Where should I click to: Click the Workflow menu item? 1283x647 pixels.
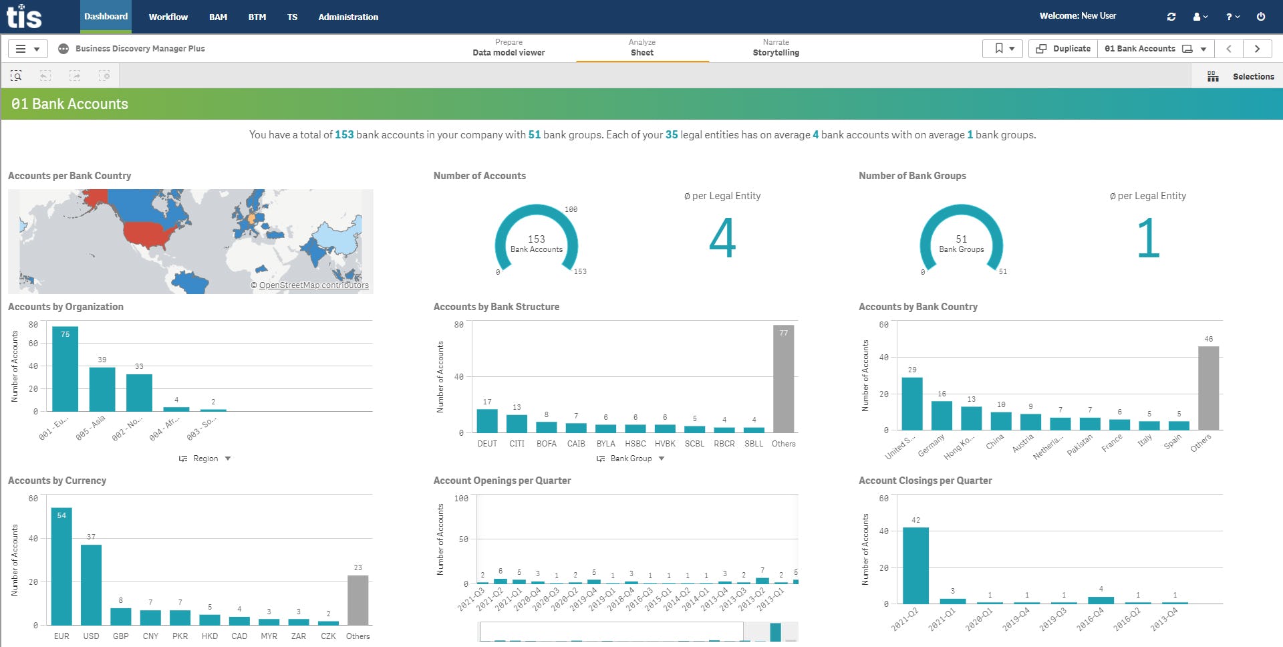pyautogui.click(x=168, y=17)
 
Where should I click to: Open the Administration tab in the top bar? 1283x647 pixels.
pyautogui.click(x=347, y=17)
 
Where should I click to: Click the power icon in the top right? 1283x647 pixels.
pyautogui.click(x=1260, y=17)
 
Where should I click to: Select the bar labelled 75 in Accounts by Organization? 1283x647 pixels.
pyautogui.click(x=65, y=369)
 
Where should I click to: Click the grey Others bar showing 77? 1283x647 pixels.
pyautogui.click(x=783, y=379)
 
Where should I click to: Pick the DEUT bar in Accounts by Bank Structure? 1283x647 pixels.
pyautogui.click(x=487, y=420)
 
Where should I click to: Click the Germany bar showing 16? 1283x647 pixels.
pyautogui.click(x=942, y=415)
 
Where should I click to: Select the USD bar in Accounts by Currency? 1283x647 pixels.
pyautogui.click(x=91, y=585)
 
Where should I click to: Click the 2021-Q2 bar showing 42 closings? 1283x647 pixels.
pyautogui.click(x=915, y=565)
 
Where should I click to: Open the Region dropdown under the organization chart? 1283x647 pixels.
pyautogui.click(x=205, y=459)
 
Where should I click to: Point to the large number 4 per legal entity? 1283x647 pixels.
pyautogui.click(x=722, y=238)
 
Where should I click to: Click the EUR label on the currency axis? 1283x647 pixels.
pyautogui.click(x=61, y=636)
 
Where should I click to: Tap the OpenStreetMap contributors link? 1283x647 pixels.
pyautogui.click(x=313, y=285)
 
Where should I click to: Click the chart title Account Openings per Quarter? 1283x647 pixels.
pyautogui.click(x=502, y=481)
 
